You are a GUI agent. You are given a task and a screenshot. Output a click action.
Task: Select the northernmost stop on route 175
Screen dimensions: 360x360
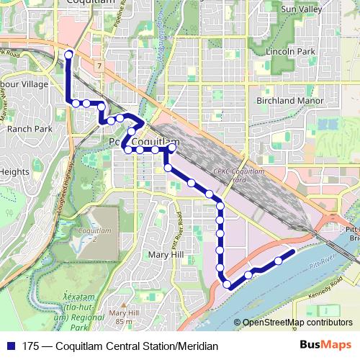pyautogui.click(x=69, y=55)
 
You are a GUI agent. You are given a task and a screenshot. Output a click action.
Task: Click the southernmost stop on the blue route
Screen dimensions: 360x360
pyautogui.click(x=228, y=285)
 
